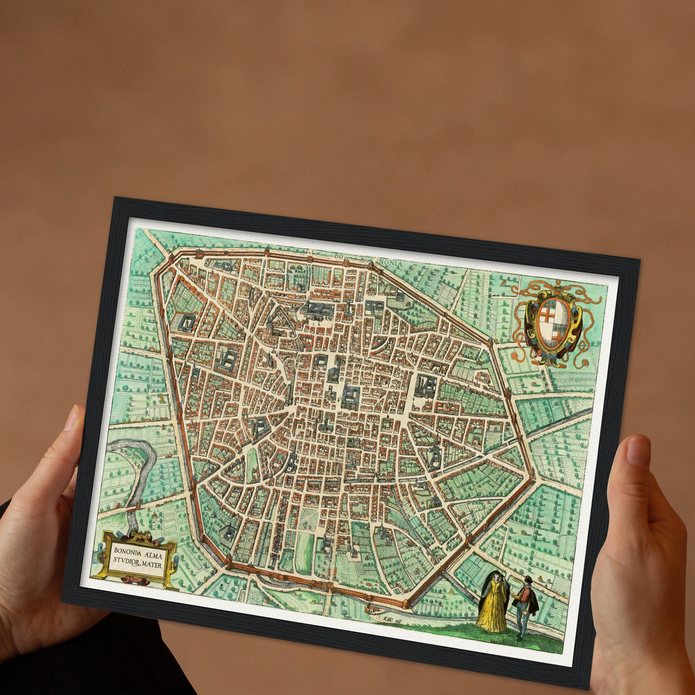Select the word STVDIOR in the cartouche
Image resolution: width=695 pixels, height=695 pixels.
tap(127, 560)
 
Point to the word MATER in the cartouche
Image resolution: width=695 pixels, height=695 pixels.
tap(152, 565)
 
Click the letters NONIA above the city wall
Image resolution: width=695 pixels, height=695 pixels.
tap(390, 263)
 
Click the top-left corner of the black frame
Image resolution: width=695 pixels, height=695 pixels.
tap(114, 199)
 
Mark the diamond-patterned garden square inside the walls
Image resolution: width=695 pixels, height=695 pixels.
tap(308, 517)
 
